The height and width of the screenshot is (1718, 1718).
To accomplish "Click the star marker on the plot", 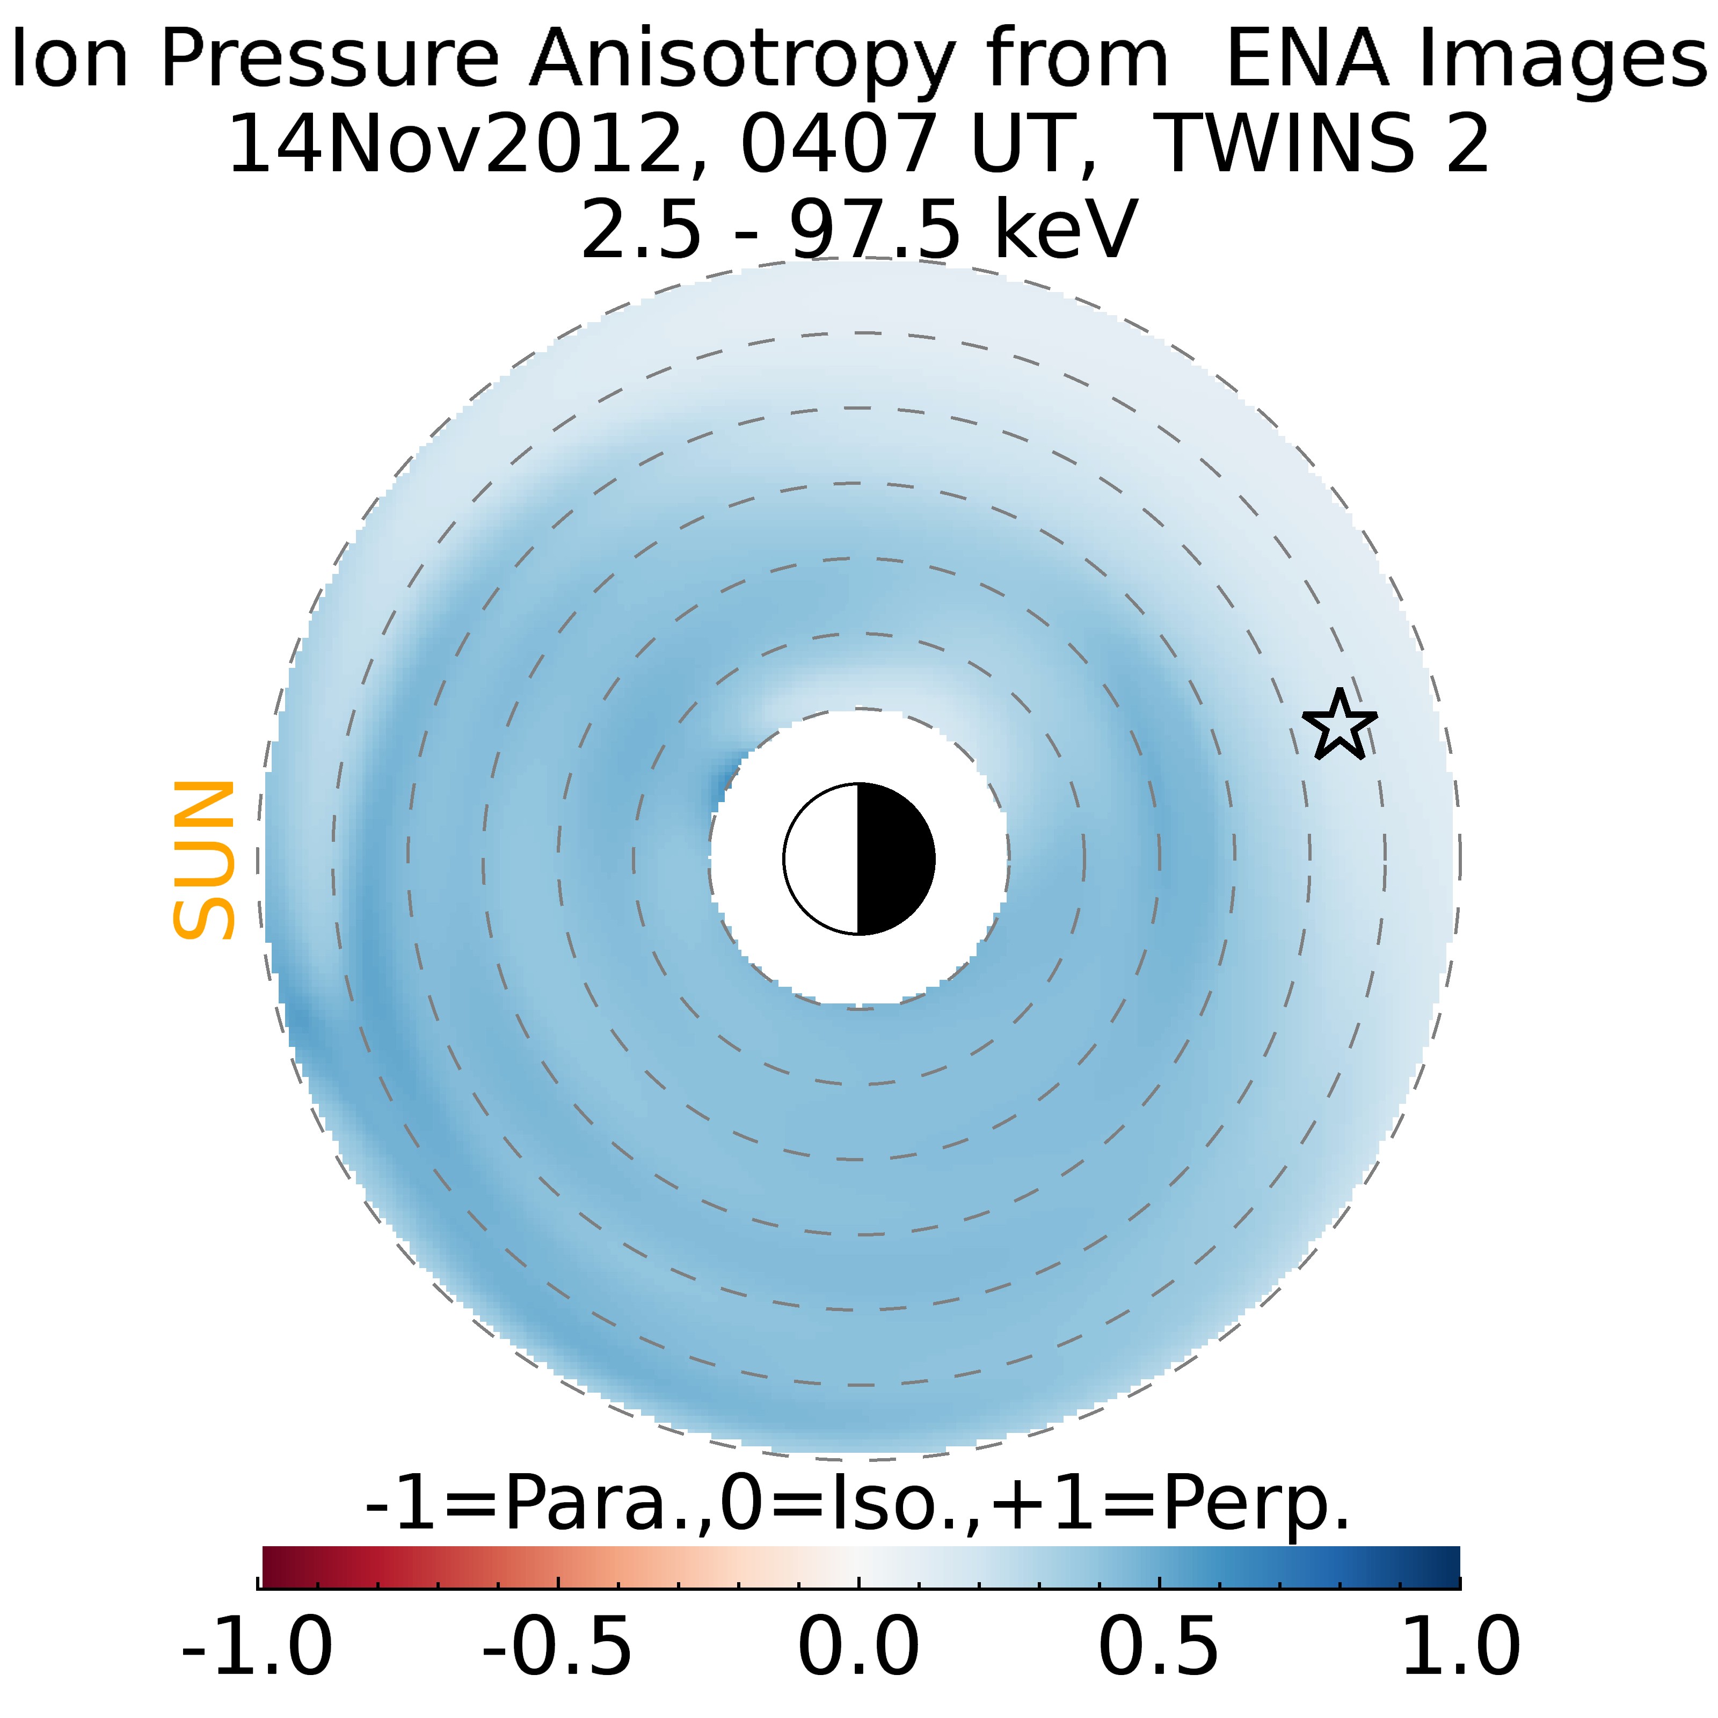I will pyautogui.click(x=1339, y=726).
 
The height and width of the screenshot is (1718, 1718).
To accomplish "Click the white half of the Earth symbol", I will pyautogui.click(x=821, y=859).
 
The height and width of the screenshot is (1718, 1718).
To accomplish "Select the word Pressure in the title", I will pyautogui.click(x=330, y=61).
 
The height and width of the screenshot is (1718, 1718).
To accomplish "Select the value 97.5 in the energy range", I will pyautogui.click(x=875, y=229).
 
